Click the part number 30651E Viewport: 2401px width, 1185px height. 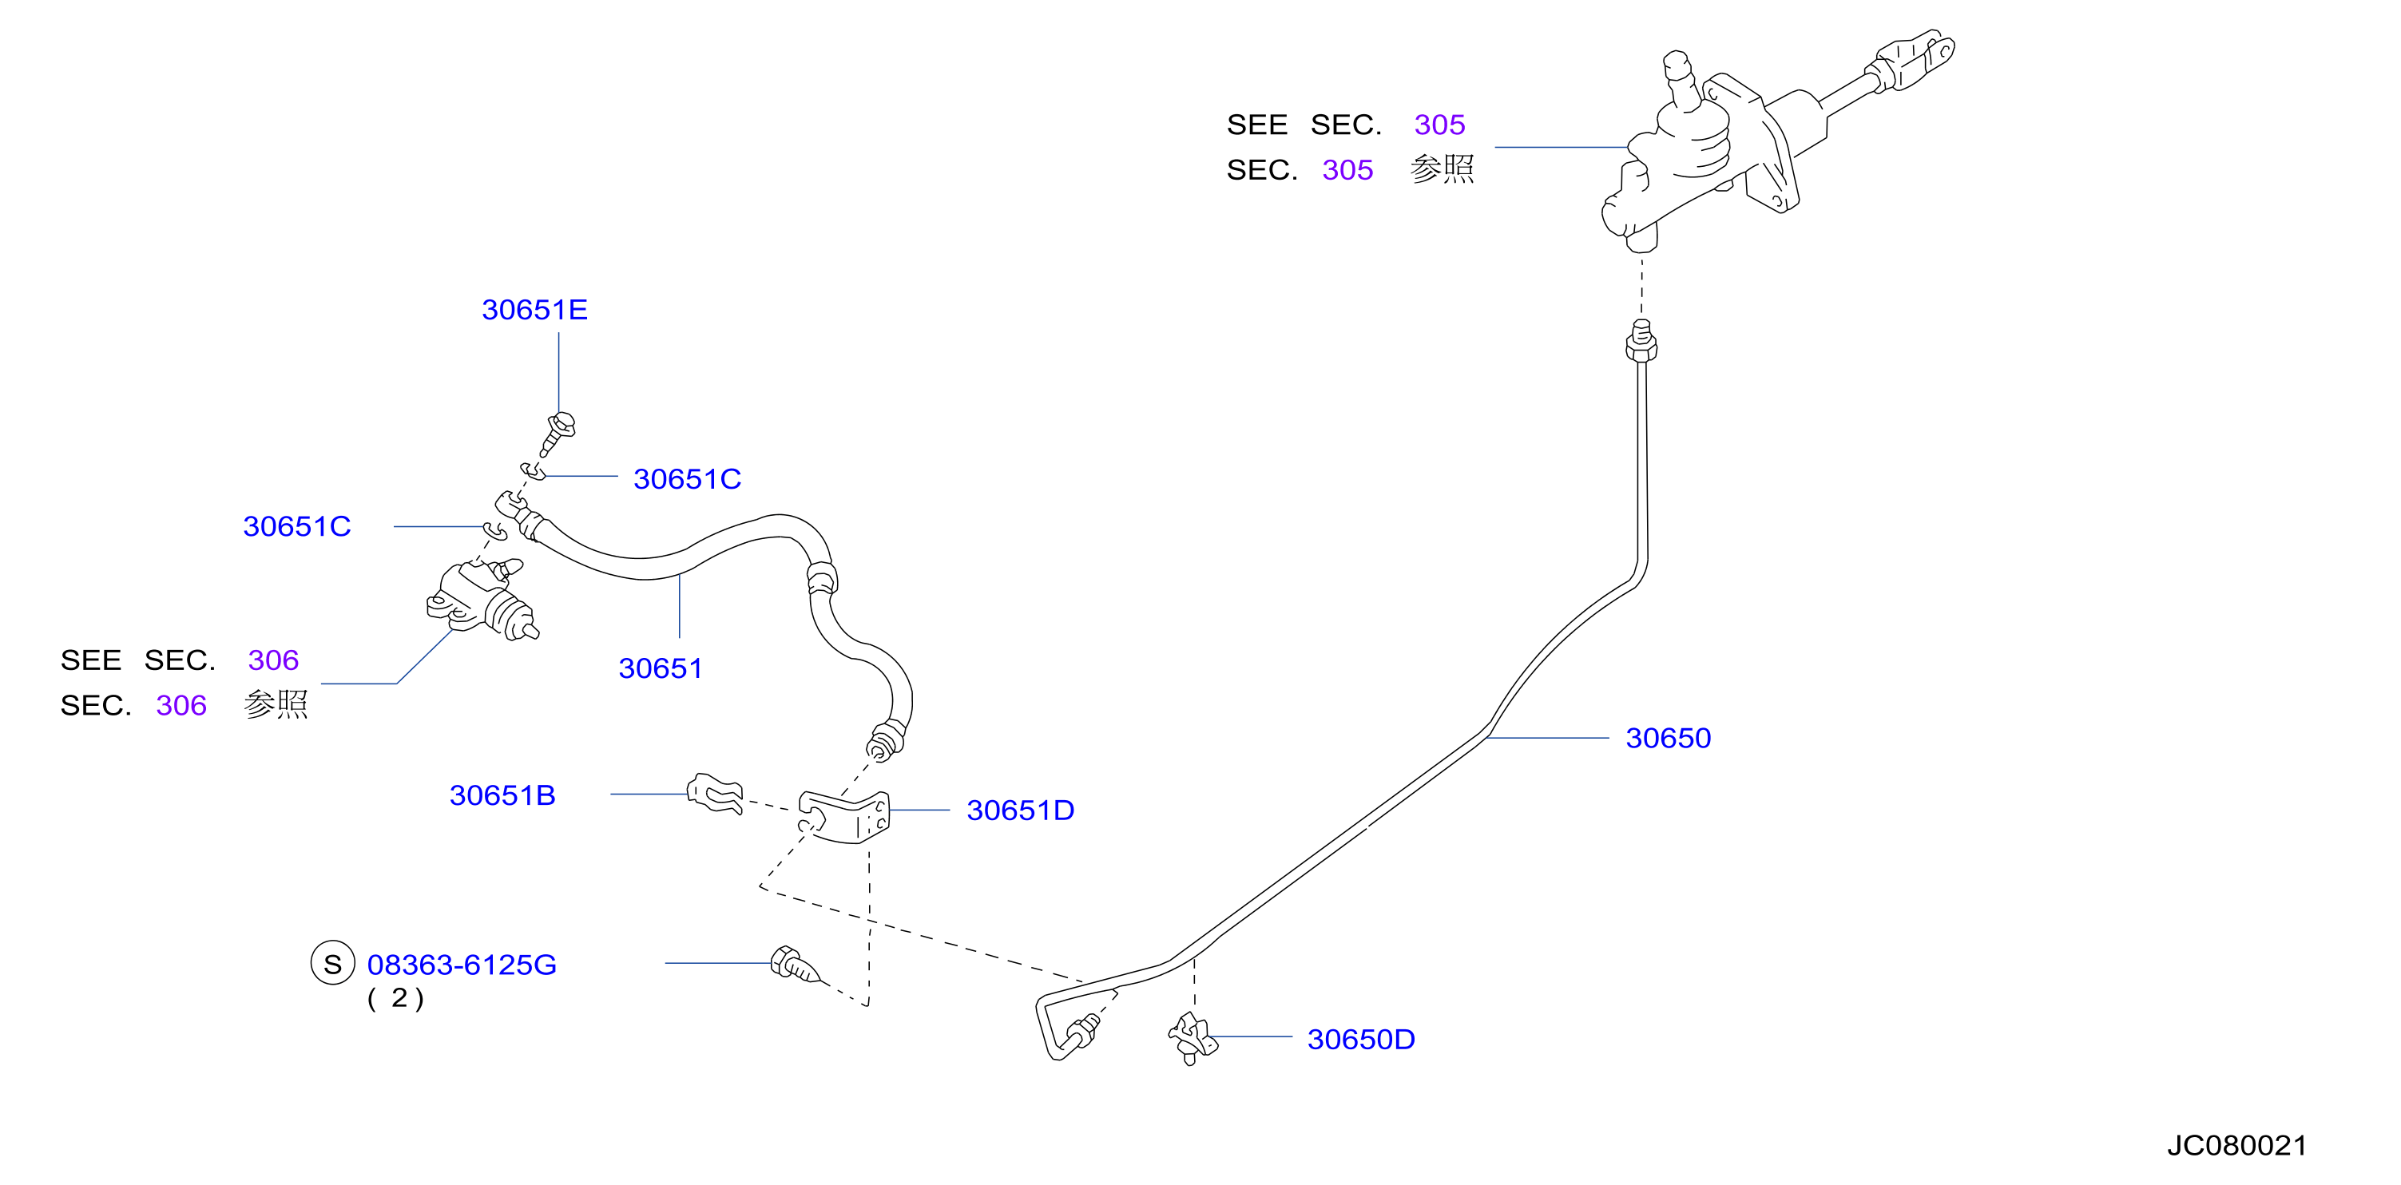click(534, 309)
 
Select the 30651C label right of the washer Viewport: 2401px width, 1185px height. click(687, 479)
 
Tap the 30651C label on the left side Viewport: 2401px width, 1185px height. click(296, 526)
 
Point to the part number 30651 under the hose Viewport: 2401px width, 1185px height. click(660, 668)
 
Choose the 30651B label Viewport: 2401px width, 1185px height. click(502, 795)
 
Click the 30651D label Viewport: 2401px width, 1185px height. click(1020, 810)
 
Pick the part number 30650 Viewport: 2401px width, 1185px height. click(1669, 738)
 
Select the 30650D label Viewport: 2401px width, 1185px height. click(1361, 1039)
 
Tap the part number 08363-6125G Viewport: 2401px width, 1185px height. click(462, 965)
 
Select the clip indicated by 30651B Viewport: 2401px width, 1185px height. click(715, 793)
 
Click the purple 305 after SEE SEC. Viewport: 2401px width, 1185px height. click(1439, 125)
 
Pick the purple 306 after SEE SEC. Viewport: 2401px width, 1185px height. click(273, 660)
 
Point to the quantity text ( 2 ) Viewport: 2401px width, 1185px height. click(396, 999)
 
